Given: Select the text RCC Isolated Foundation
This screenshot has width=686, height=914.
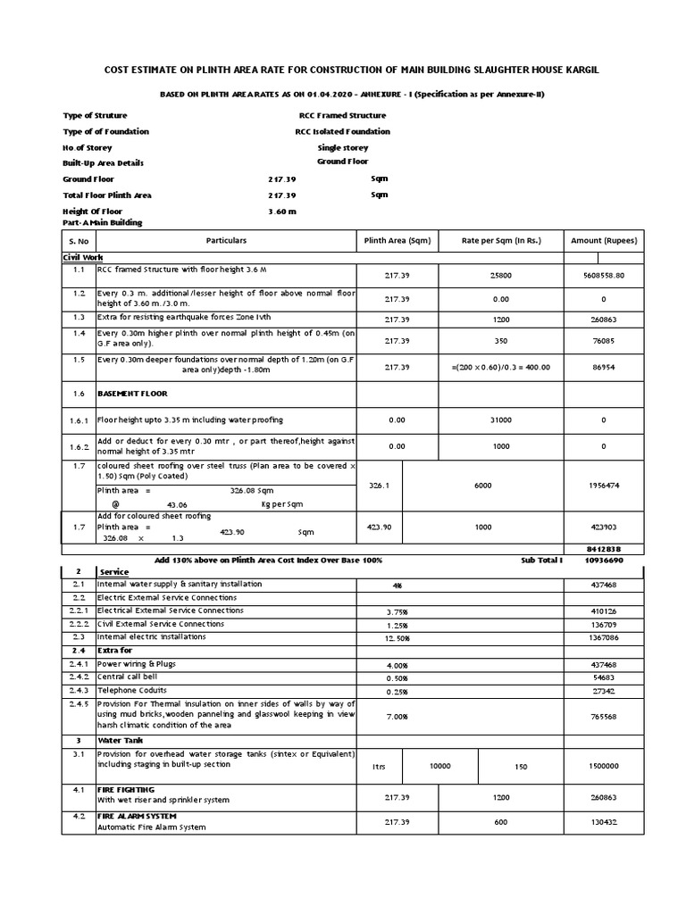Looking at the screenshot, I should (342, 131).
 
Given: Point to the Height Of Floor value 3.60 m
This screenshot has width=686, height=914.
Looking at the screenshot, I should (281, 212).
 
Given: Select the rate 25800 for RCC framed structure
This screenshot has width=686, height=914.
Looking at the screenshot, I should (483, 276).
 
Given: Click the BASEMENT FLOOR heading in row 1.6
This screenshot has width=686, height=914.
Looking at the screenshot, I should (132, 393).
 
